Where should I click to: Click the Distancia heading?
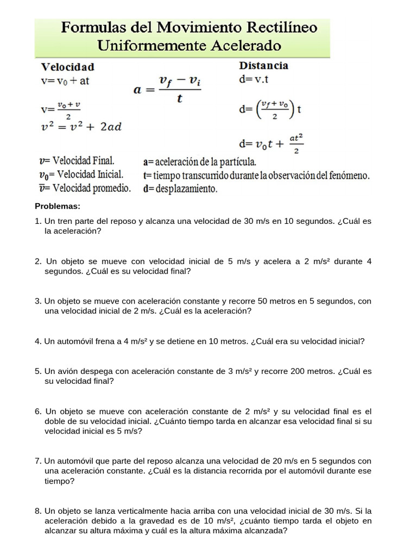click(263, 66)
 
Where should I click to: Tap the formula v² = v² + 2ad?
click(81, 127)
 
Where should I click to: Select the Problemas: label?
click(58, 206)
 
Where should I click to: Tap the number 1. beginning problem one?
click(38, 221)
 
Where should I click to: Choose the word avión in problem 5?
click(68, 372)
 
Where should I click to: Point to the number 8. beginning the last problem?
click(38, 511)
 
